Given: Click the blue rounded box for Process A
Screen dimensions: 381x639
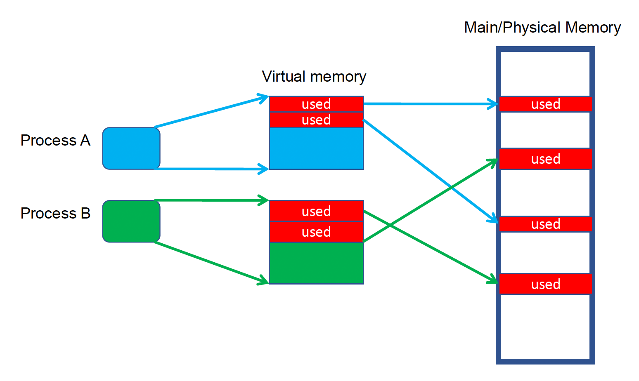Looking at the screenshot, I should tap(131, 148).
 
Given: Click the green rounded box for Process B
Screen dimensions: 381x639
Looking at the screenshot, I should tap(131, 221).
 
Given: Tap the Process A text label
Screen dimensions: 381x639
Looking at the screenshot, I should tap(55, 141).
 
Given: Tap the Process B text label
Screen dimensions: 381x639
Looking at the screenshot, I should tap(55, 214).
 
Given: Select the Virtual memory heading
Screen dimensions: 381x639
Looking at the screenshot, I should tap(314, 77).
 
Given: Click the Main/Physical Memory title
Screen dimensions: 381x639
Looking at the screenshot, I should tap(542, 28).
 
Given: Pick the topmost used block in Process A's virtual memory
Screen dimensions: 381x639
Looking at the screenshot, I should tap(316, 104).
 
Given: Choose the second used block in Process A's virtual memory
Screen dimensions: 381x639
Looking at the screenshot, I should tap(316, 120).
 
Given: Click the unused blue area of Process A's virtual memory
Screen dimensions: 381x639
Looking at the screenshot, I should tap(316, 148).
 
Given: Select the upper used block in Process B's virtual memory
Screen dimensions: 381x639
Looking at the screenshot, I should tap(316, 211).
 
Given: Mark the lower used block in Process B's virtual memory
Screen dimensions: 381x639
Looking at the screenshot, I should tap(316, 232).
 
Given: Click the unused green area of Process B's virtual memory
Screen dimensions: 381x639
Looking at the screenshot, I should tap(316, 263).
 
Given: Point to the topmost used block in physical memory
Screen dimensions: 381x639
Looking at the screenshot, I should tap(545, 104).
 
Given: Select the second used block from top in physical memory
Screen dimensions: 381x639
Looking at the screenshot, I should tap(545, 159).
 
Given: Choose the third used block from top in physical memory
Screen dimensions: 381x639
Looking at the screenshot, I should tap(545, 224).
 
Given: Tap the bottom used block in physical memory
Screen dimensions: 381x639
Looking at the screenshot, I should tap(545, 284).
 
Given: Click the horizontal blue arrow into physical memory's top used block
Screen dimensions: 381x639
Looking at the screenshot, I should tap(429, 104).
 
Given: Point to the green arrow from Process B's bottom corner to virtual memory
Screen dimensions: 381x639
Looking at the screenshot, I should tap(211, 263).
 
